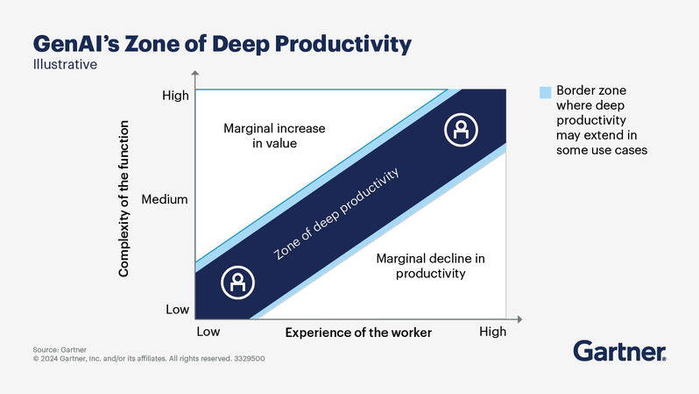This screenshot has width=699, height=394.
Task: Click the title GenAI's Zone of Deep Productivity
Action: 222,43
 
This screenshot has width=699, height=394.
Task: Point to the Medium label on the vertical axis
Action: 165,199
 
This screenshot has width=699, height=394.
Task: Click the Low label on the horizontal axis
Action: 208,333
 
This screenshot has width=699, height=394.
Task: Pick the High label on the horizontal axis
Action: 492,333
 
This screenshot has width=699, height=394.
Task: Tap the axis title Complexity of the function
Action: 124,203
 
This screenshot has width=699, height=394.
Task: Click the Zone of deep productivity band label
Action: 336,214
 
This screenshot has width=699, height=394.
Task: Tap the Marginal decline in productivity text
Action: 429,266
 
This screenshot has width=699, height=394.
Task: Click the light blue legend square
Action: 545,91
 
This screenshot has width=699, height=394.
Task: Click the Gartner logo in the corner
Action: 619,352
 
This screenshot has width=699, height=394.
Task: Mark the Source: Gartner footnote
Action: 54,349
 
